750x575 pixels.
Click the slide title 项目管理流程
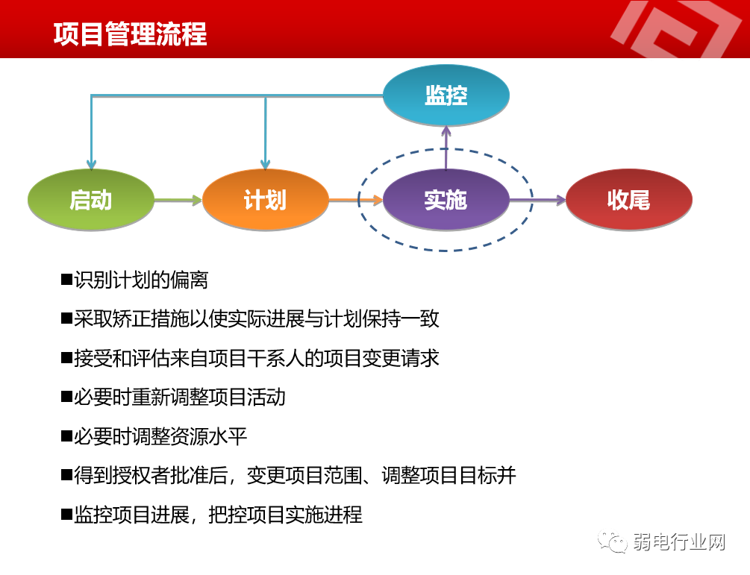(x=130, y=34)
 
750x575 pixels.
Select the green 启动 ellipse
(x=90, y=200)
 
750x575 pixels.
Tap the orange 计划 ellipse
(x=265, y=200)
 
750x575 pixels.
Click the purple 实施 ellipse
(x=446, y=200)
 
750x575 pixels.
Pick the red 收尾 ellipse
(x=628, y=200)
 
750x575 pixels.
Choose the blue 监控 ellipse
(x=446, y=95)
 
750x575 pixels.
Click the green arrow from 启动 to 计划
(x=178, y=200)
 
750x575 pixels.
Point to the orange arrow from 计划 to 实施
(x=355, y=200)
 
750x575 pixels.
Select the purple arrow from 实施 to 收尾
(x=537, y=200)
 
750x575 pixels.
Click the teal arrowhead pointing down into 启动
(x=91, y=164)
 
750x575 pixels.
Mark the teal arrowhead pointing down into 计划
(x=265, y=164)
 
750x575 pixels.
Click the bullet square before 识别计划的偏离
(x=66, y=280)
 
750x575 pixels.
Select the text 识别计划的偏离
(x=141, y=280)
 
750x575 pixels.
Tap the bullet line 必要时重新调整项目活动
(x=179, y=397)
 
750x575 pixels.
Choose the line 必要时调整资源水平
(x=160, y=436)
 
